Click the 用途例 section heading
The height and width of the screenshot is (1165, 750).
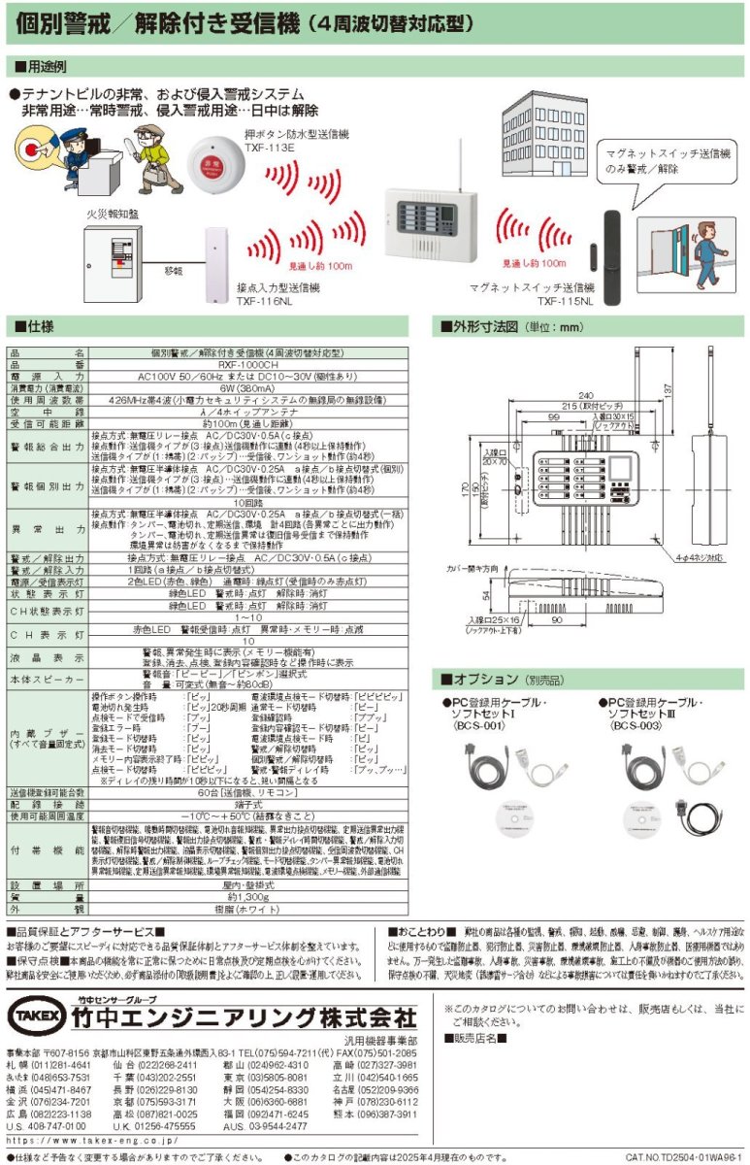click(41, 67)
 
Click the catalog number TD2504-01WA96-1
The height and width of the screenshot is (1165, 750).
click(683, 1157)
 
